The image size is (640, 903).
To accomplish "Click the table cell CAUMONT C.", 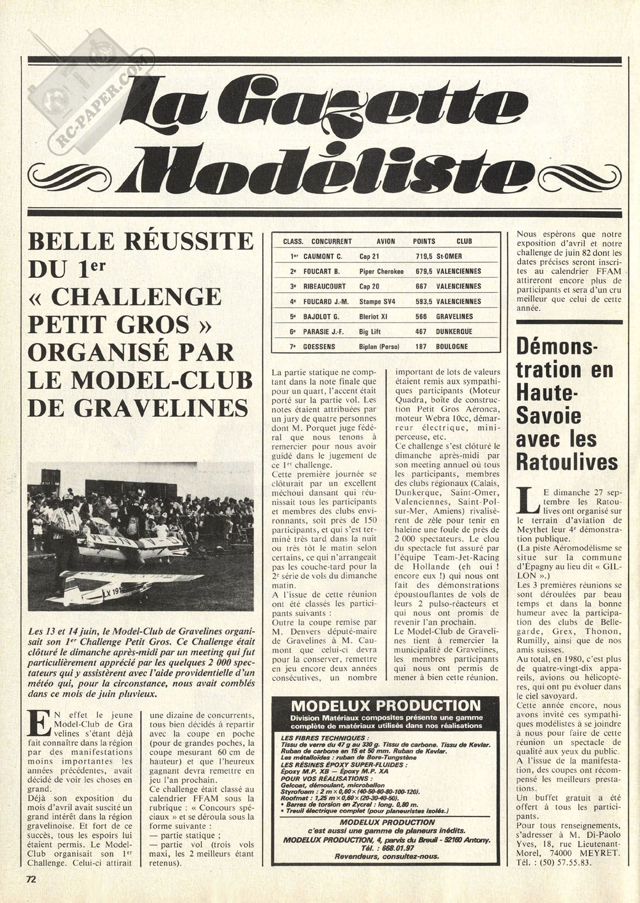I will tap(323, 256).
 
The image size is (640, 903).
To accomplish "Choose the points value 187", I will tap(420, 347).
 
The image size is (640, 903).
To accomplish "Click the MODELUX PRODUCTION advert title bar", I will tap(386, 706).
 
